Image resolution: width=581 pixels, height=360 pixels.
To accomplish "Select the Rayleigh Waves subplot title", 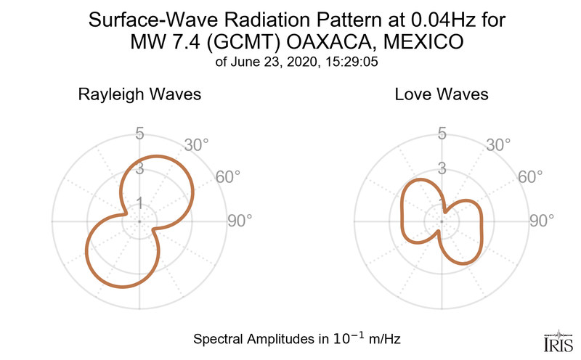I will (x=140, y=95).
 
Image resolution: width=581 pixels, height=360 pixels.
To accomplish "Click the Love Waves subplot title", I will (x=442, y=95).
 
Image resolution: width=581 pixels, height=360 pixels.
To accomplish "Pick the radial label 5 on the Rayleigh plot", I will (x=139, y=134).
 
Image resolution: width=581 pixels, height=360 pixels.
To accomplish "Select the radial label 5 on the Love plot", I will (x=442, y=134).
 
